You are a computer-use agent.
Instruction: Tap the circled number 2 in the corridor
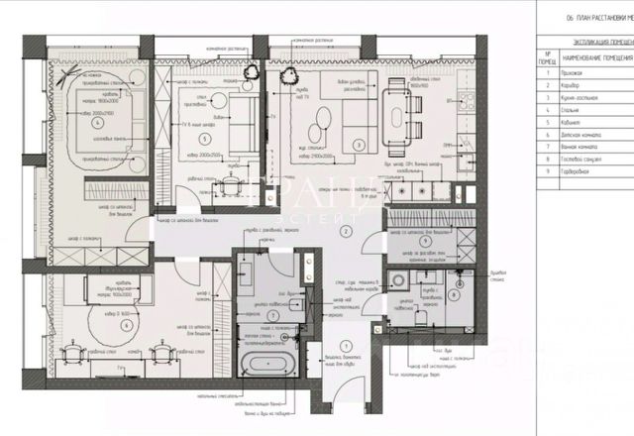tap(346, 231)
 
